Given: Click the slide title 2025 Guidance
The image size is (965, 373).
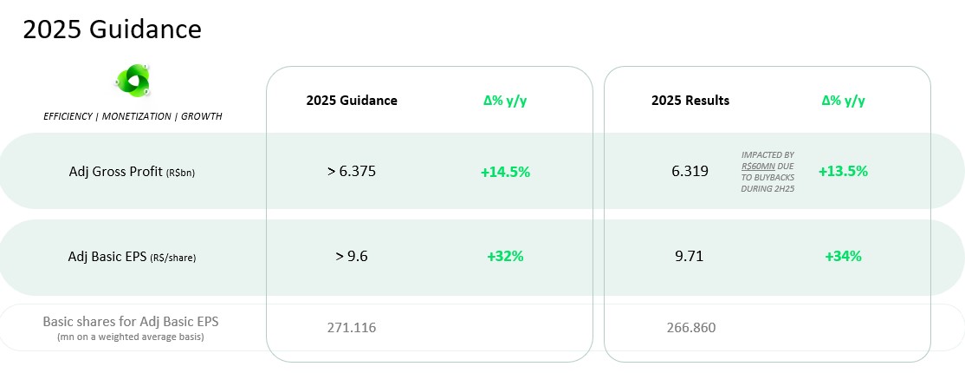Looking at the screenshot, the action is pyautogui.click(x=112, y=29).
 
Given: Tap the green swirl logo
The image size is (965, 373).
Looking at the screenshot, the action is pyautogui.click(x=133, y=81).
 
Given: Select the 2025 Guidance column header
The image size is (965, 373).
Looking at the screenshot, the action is pyautogui.click(x=352, y=101).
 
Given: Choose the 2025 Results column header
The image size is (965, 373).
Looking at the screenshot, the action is pyautogui.click(x=690, y=101).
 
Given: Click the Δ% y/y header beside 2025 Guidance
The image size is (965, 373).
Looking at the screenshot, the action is pyautogui.click(x=505, y=101).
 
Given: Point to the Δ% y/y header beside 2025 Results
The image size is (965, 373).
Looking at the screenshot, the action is pyautogui.click(x=843, y=101).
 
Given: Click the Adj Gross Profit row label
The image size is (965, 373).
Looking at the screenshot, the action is pyautogui.click(x=132, y=172).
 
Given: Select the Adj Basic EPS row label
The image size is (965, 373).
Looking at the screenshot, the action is pyautogui.click(x=132, y=257).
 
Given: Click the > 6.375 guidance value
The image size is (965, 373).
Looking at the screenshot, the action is pyautogui.click(x=352, y=172).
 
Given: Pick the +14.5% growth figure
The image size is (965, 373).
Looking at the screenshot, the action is pyautogui.click(x=505, y=172).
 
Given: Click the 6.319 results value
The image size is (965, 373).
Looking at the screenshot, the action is pyautogui.click(x=690, y=172).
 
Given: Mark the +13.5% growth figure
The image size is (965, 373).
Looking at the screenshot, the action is pyautogui.click(x=843, y=172).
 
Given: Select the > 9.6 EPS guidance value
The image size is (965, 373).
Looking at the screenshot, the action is pyautogui.click(x=352, y=256).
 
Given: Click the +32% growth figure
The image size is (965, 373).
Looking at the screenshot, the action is pyautogui.click(x=505, y=257).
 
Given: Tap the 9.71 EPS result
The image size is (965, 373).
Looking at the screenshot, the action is pyautogui.click(x=690, y=256).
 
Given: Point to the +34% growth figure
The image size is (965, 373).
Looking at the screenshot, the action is pyautogui.click(x=843, y=257).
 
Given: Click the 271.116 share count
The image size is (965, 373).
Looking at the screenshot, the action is pyautogui.click(x=352, y=327).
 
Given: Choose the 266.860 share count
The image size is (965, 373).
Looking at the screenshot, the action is pyautogui.click(x=691, y=327).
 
